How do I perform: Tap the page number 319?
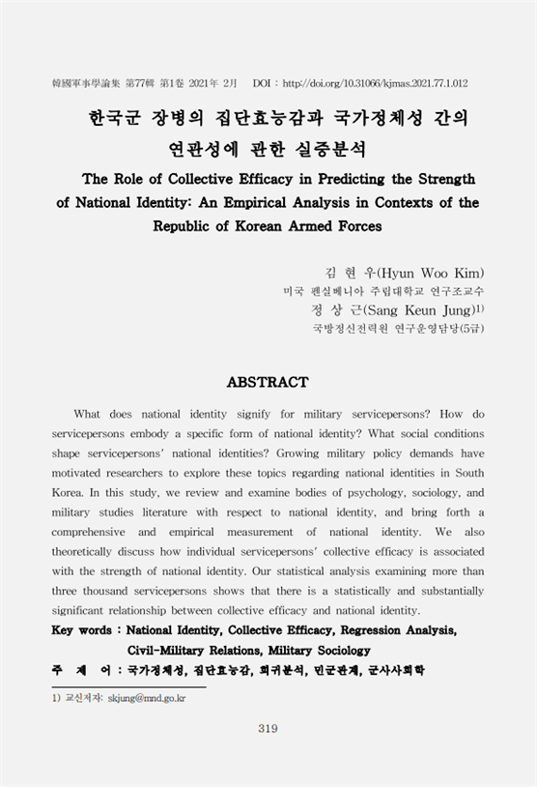tap(268, 728)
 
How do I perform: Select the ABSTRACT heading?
tap(268, 383)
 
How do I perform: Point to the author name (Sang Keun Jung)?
tap(424, 309)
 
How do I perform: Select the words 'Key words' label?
tap(81, 630)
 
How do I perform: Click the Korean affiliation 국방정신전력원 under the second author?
tap(344, 328)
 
